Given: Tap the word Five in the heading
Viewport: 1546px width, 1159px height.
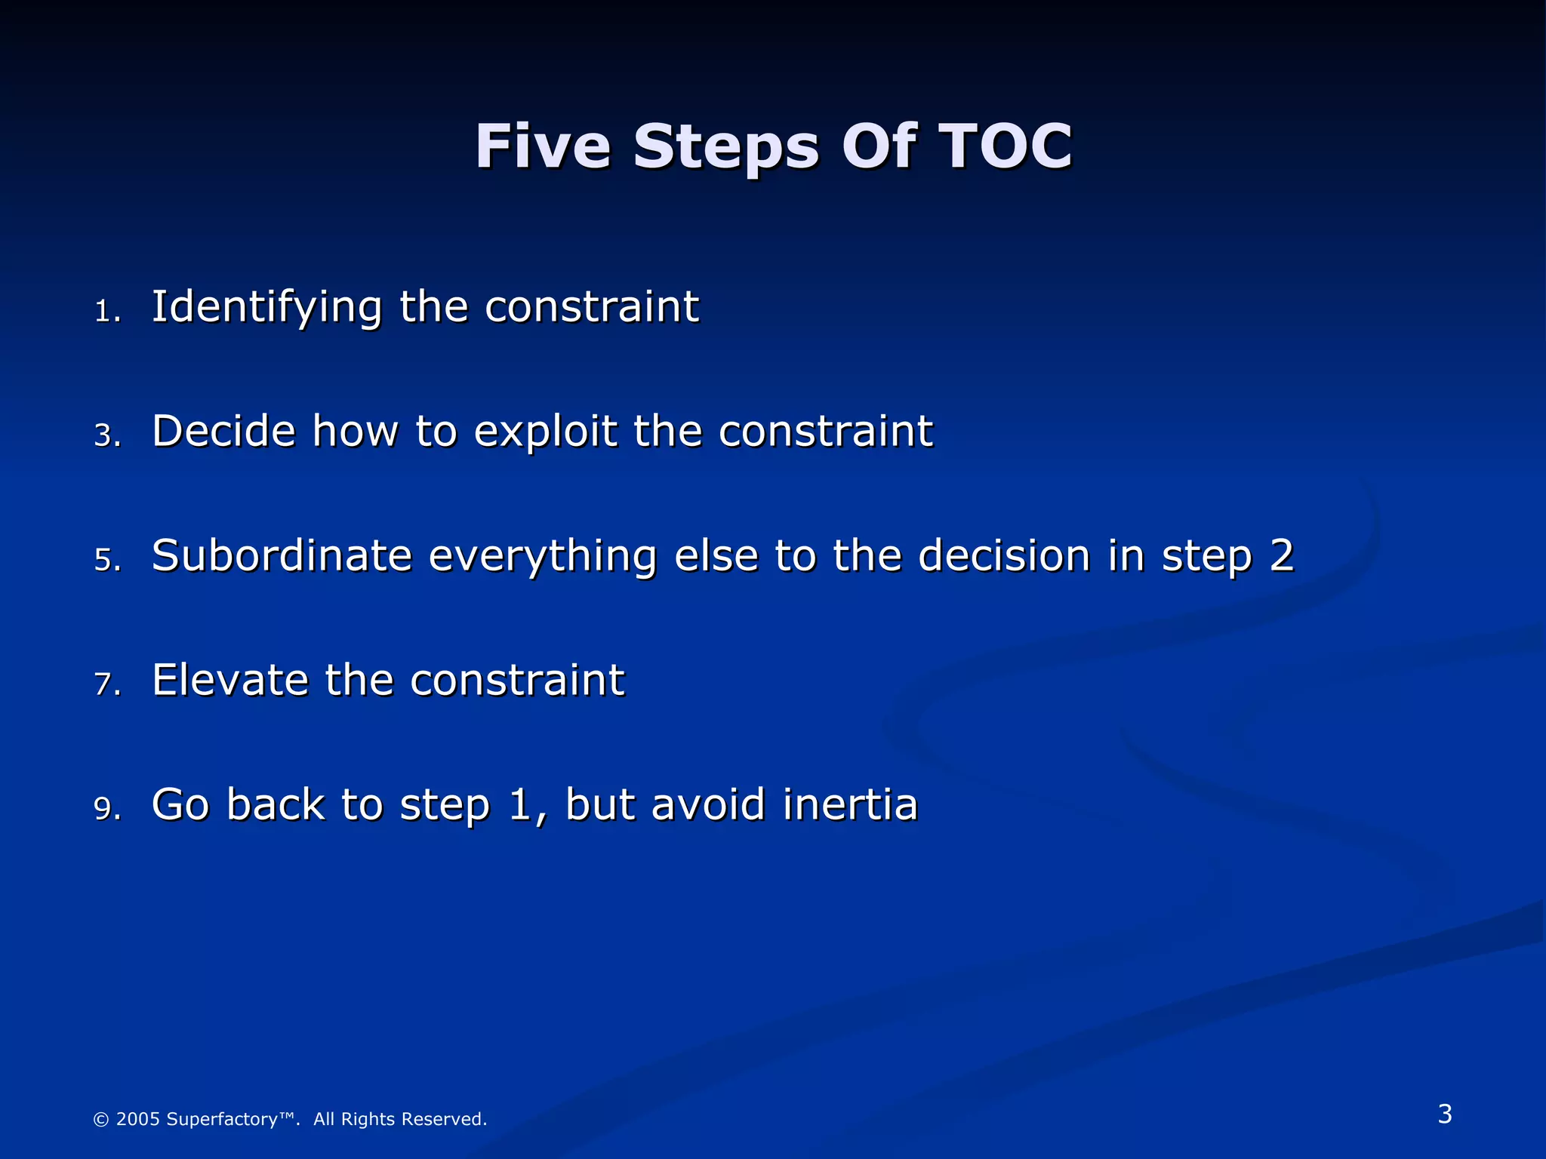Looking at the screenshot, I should (x=542, y=146).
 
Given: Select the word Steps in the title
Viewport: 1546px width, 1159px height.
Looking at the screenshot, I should (x=725, y=146).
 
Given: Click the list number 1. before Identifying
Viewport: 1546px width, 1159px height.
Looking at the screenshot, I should (x=107, y=312).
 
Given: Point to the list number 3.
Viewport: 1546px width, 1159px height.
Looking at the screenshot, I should (x=107, y=436).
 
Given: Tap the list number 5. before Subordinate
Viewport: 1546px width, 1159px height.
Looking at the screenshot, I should (x=107, y=561).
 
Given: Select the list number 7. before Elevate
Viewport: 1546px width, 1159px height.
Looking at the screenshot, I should (x=107, y=684).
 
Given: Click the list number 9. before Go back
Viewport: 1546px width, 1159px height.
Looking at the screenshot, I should (x=107, y=809).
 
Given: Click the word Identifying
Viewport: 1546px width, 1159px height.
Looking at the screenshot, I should (x=266, y=308).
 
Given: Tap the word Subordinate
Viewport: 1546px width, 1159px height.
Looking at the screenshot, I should (x=282, y=556).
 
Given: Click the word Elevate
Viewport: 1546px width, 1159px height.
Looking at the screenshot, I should (x=229, y=680).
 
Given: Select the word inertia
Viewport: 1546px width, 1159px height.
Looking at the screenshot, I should (x=850, y=804).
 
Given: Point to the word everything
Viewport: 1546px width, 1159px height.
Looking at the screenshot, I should (x=542, y=556).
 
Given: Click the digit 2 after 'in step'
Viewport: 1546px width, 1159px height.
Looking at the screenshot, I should (x=1281, y=556).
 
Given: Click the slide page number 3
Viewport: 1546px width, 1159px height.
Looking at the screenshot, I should (x=1444, y=1114).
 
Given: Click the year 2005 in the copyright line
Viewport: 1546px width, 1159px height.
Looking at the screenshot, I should (x=137, y=1119).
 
